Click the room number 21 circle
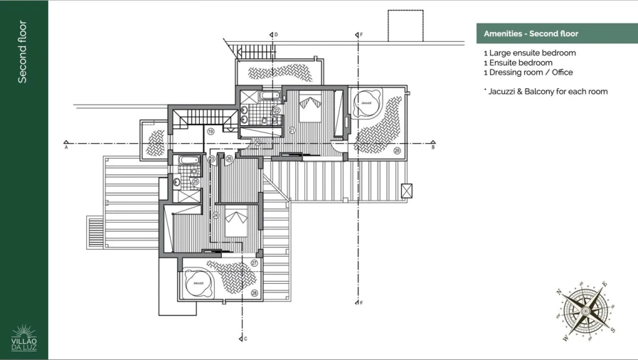(x=292, y=130)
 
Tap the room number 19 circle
(x=211, y=132)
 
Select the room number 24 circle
(x=216, y=215)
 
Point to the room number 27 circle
(x=254, y=263)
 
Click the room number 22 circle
(x=277, y=111)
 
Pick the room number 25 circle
(x=195, y=182)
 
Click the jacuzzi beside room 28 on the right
(x=366, y=102)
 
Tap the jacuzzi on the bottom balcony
(x=198, y=283)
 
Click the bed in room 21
(x=309, y=108)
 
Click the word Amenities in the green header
(x=504, y=33)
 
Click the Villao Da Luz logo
(x=24, y=339)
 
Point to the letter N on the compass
(x=560, y=292)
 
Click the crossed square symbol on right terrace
(x=407, y=191)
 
